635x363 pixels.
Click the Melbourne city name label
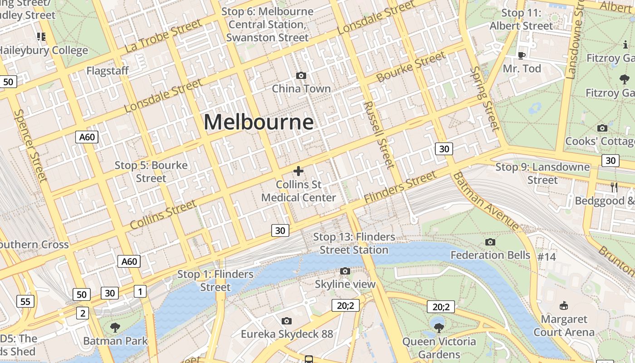click(x=259, y=122)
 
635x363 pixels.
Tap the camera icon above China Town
click(x=301, y=75)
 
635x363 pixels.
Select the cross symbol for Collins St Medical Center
click(x=298, y=171)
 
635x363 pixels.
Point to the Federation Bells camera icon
click(x=490, y=242)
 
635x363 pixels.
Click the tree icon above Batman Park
click(x=115, y=327)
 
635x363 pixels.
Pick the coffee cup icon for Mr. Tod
click(x=522, y=55)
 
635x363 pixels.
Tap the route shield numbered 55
click(x=25, y=301)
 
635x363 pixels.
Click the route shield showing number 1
click(x=140, y=291)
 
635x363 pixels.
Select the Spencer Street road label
click(x=30, y=145)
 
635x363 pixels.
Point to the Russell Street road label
click(x=378, y=135)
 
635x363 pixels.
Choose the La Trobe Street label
click(x=163, y=35)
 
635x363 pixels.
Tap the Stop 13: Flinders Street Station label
click(x=354, y=243)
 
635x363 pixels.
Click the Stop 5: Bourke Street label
click(x=151, y=172)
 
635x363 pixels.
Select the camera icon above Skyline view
click(x=345, y=271)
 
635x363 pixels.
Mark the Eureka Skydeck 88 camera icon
click(x=286, y=321)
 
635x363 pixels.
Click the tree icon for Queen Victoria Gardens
click(x=439, y=327)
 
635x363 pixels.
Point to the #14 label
click(x=547, y=257)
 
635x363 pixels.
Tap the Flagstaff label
click(x=107, y=71)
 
